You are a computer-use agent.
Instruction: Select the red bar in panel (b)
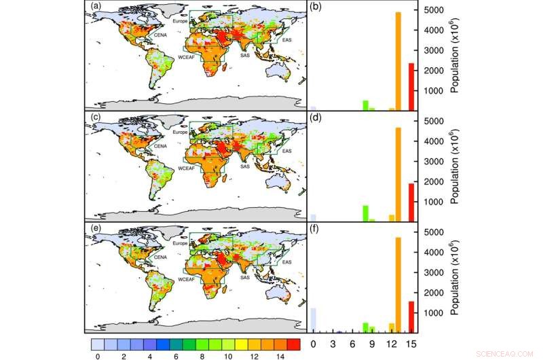[x=411, y=86]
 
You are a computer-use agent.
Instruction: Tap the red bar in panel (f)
[x=411, y=316]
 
